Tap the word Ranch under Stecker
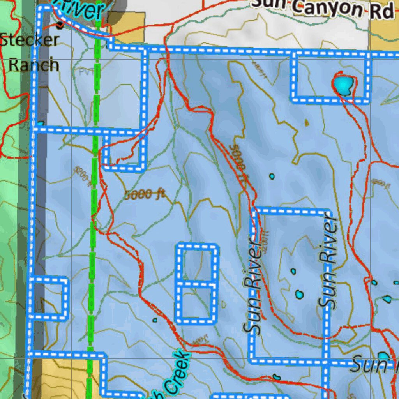(34, 65)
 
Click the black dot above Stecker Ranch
(60, 26)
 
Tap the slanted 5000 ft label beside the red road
(239, 164)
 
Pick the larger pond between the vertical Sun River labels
(299, 295)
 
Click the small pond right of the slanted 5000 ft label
(272, 177)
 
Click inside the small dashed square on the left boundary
(48, 298)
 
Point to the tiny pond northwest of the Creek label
(155, 320)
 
